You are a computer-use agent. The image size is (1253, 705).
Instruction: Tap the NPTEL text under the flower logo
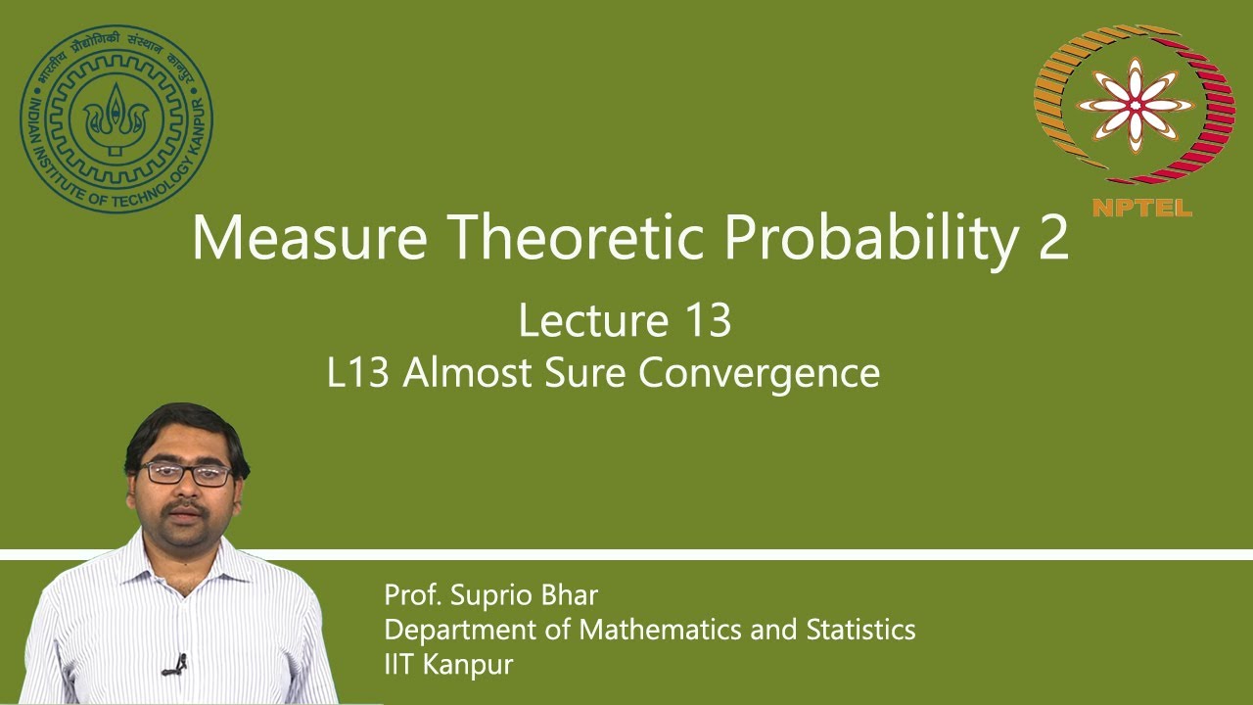1140,207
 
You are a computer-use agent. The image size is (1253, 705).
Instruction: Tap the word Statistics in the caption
860,629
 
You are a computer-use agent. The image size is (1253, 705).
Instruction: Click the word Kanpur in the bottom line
470,663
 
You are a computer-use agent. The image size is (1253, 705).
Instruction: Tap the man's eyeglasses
185,474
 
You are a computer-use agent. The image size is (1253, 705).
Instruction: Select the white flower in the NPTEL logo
1135,105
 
